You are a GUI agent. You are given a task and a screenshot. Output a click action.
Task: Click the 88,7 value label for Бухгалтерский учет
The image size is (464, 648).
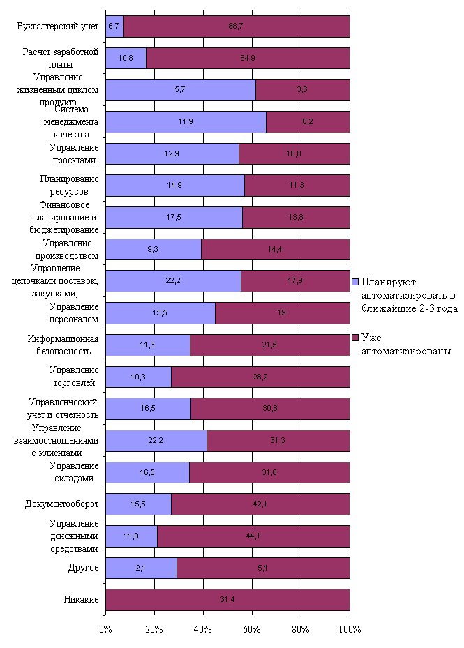(236, 27)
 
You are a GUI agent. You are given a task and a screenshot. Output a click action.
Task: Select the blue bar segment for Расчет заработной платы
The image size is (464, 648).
(126, 58)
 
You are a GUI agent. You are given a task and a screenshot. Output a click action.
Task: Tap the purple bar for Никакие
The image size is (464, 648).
(227, 600)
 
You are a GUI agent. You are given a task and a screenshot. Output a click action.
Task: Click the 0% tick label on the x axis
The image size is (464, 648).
(106, 628)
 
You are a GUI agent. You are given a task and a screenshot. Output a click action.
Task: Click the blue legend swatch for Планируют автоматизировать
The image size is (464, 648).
(355, 282)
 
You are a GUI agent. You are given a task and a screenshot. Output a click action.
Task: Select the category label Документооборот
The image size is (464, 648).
(61, 504)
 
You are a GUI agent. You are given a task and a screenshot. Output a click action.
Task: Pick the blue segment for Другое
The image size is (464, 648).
(141, 568)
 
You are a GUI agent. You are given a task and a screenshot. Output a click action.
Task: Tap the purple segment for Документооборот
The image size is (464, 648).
(260, 504)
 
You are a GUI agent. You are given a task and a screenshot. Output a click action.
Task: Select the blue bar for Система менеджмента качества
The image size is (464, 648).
(186, 121)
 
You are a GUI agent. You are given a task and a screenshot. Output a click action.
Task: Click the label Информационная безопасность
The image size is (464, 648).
(63, 345)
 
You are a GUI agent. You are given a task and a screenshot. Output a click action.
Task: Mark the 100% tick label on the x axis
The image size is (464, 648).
(349, 628)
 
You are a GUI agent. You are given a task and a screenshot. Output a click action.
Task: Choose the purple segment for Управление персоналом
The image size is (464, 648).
(282, 313)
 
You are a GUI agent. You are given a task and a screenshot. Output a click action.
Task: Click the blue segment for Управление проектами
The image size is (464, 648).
(172, 153)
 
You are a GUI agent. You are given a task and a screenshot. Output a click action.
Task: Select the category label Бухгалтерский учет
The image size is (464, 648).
(58, 27)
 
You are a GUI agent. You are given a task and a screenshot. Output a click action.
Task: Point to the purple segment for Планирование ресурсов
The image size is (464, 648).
(297, 186)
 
